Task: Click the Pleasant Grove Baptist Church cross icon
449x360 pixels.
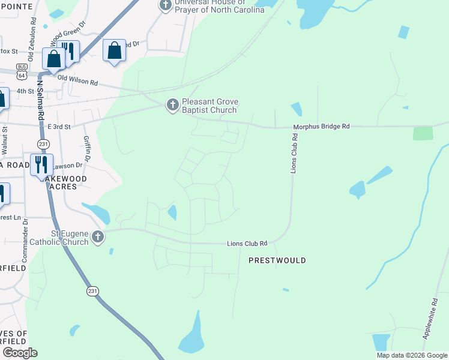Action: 172,105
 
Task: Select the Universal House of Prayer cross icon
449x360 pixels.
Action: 166,5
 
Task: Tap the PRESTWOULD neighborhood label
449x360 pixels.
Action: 277,260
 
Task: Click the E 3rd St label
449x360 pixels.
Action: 59,127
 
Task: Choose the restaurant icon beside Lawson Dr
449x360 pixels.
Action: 41,164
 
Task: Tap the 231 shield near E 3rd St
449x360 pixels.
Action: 43,144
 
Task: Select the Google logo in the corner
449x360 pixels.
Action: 20,353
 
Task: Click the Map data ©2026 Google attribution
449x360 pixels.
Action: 412,355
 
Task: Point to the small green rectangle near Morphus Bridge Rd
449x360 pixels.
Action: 423,133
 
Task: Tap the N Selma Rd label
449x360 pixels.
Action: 41,102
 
